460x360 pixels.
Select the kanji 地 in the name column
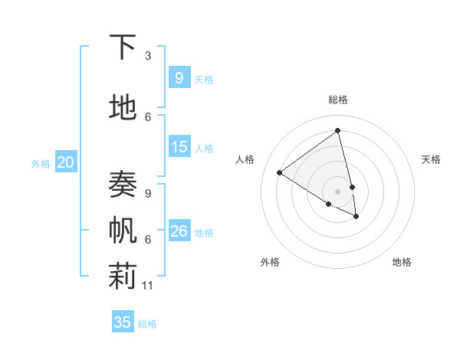coord(122,110)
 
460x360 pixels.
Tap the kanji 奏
coord(122,185)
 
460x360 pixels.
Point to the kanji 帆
coord(122,231)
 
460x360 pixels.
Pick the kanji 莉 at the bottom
coord(122,277)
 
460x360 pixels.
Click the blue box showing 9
coord(179,77)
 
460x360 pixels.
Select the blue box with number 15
coord(179,147)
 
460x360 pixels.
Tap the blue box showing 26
coord(179,231)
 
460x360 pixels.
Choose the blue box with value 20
coord(66,162)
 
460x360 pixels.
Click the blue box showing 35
coord(123,322)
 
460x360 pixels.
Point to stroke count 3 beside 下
coord(148,56)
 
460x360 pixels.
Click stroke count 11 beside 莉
coord(148,286)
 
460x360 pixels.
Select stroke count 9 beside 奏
coord(148,194)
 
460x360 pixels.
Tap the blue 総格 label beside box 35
coord(147,324)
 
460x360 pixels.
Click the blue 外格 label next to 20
coord(41,163)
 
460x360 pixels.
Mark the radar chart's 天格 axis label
coord(431,159)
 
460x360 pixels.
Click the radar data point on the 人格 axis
coord(279,172)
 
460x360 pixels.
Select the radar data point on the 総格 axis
coord(337,130)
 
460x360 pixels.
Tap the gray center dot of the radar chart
coord(337,191)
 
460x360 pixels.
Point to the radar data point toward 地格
coord(356,217)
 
